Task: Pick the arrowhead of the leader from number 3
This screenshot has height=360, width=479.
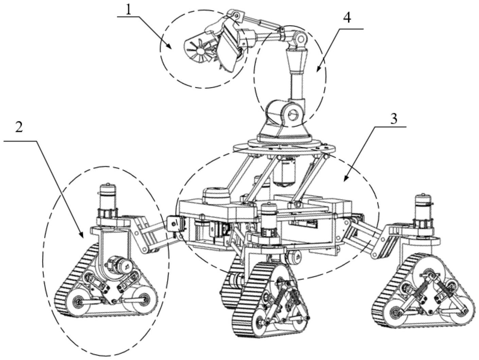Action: click(x=346, y=179)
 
